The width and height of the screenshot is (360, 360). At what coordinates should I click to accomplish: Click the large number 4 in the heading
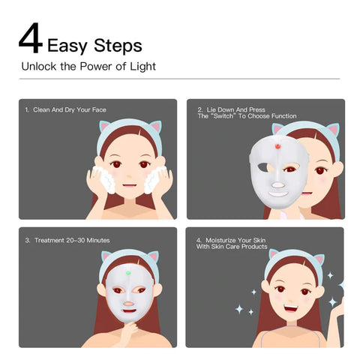pos(31,38)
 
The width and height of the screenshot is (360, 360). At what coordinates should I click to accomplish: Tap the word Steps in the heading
pos(118,46)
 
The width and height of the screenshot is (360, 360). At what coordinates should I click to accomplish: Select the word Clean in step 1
pos(41,109)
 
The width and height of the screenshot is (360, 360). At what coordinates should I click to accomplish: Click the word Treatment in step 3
pos(49,240)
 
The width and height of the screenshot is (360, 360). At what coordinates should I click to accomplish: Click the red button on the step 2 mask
pos(277,146)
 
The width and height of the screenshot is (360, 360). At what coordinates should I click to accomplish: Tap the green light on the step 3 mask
pos(128,273)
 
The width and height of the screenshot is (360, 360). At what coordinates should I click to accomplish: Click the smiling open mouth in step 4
pos(291,309)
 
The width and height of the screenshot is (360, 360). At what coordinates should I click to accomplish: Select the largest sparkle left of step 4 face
pos(239,309)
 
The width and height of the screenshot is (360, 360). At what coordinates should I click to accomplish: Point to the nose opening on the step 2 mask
pos(277,185)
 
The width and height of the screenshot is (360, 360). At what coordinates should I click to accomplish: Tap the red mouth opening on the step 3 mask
pos(129,312)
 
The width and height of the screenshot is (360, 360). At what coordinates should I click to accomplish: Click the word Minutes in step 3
pos(98,240)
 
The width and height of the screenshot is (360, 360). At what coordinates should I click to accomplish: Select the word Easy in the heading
pos(67,46)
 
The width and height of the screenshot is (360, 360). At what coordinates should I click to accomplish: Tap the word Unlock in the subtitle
pos(39,67)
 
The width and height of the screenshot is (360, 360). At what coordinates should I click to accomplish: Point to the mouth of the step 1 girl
pos(130,185)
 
